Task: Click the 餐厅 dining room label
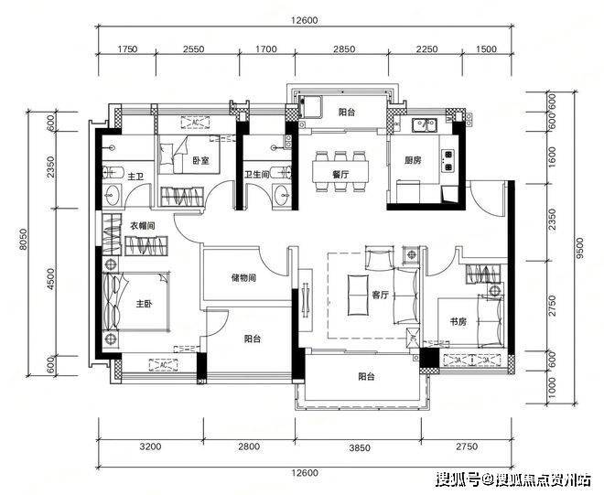click(x=340, y=174)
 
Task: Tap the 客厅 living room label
click(x=380, y=295)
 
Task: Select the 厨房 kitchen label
click(x=413, y=160)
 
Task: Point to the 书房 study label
click(x=458, y=321)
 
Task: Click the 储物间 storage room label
click(x=243, y=278)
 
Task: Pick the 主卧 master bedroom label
click(x=144, y=304)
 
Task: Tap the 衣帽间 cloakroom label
click(x=142, y=226)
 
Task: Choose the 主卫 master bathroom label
click(x=135, y=177)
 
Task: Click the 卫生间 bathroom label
click(x=256, y=175)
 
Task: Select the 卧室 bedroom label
click(x=201, y=159)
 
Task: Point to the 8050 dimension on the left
click(x=24, y=240)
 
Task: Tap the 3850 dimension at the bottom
click(x=360, y=447)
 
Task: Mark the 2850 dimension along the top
click(x=344, y=49)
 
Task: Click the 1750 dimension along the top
click(x=127, y=49)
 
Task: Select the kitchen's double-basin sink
click(x=424, y=124)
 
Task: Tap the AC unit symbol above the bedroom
click(x=196, y=122)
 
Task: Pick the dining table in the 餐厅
click(x=340, y=172)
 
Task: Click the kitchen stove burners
click(x=448, y=160)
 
